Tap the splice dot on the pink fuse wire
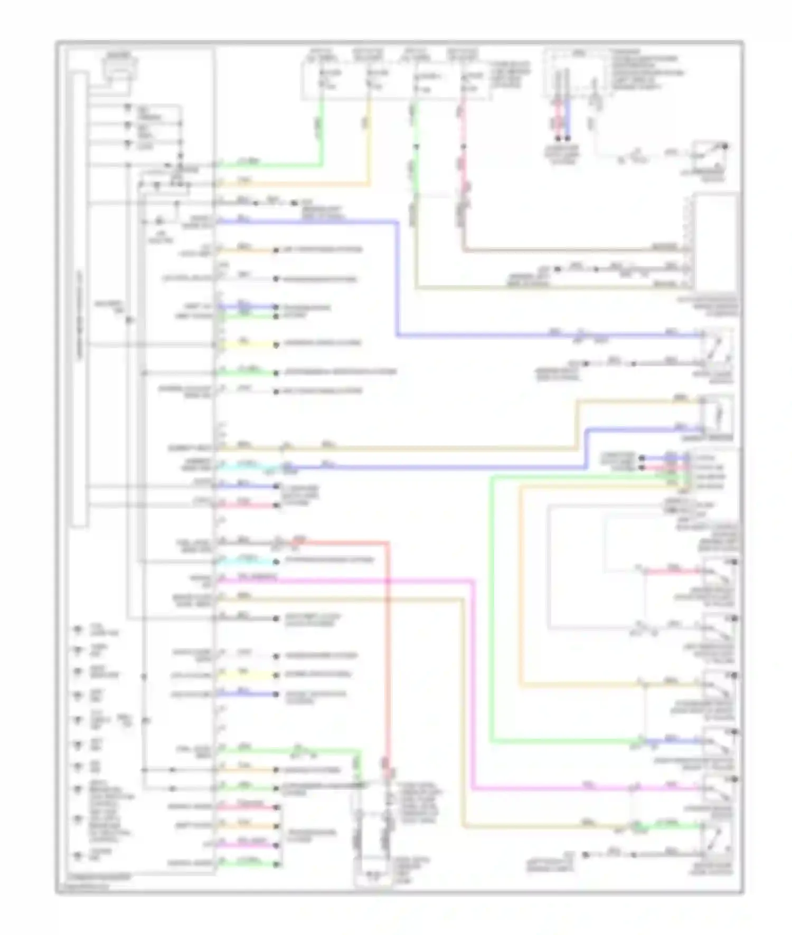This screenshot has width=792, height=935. (x=463, y=146)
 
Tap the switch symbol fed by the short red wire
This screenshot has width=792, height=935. (x=718, y=571)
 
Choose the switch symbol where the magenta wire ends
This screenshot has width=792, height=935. (x=718, y=789)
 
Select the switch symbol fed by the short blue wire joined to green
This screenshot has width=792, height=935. (x=718, y=741)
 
